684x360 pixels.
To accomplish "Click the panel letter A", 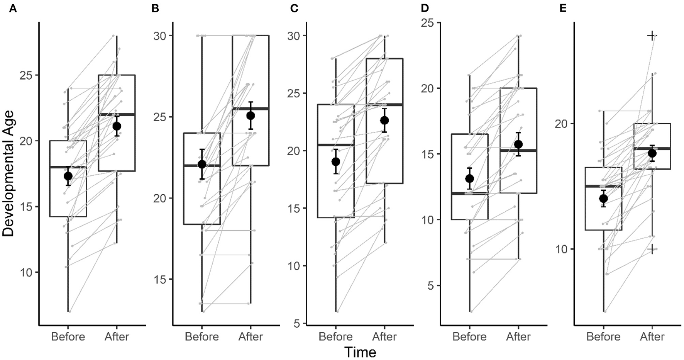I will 13,8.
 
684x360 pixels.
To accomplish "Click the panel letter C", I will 294,8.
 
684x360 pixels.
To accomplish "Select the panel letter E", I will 563,8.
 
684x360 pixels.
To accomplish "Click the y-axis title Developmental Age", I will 8,173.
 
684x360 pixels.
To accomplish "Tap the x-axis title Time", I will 360,352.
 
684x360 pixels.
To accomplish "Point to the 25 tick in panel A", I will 26,75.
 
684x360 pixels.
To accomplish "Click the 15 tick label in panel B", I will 159,280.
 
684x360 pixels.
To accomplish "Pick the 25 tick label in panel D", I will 426,23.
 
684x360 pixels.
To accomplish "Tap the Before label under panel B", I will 201,336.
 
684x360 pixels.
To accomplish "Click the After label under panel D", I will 518,336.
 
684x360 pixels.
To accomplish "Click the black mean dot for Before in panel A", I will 68,176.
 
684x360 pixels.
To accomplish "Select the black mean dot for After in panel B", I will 251,115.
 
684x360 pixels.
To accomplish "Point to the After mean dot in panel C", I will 384,121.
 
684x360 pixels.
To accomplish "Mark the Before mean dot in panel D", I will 469,178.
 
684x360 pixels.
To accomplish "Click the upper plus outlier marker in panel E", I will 652,36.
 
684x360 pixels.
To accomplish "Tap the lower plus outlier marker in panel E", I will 652,249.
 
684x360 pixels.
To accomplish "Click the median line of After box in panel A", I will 117,114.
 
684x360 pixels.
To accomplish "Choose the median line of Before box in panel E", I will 603,186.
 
